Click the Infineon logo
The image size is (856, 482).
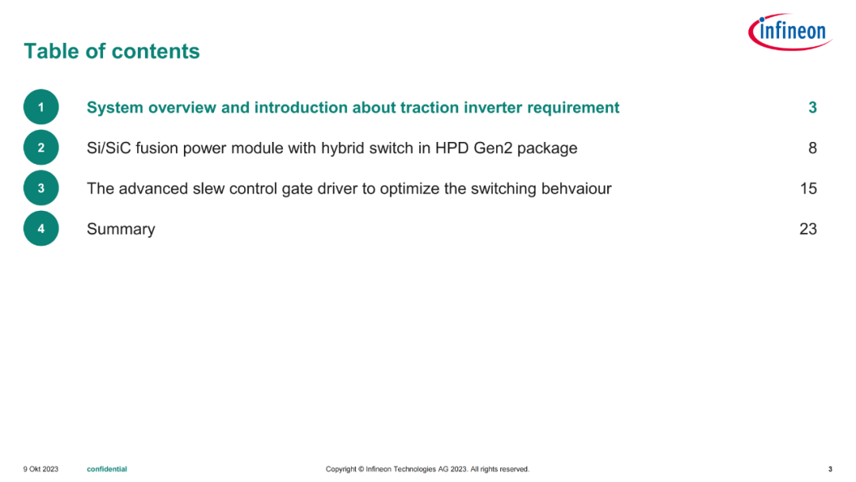coord(790,32)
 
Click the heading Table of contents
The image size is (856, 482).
coord(112,52)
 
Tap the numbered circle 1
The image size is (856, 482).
coord(41,107)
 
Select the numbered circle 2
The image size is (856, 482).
coord(41,147)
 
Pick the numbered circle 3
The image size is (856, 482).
coord(41,188)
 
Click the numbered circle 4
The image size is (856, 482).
coord(41,228)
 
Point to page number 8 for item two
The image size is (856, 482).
coord(812,148)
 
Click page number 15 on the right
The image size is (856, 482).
coord(808,189)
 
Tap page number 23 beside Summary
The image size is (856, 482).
coord(808,229)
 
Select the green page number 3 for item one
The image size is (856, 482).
coord(812,108)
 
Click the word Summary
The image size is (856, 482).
coord(120,229)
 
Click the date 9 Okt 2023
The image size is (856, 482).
coord(41,469)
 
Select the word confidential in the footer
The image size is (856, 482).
coord(107,469)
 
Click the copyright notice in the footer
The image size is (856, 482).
coord(427,469)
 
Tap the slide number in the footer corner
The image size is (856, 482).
coord(831,469)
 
